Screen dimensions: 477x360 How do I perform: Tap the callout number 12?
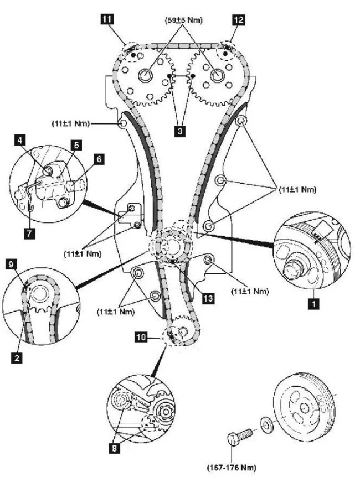[239, 19]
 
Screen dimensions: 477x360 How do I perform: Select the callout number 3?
[179, 132]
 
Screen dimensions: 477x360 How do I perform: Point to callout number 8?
[115, 434]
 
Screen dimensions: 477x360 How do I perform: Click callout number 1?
[313, 303]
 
